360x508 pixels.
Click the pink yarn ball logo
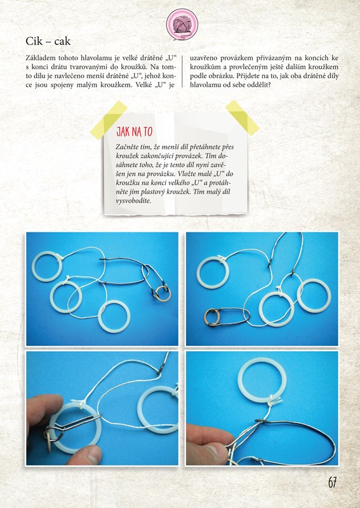point(182,25)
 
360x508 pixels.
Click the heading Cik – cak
point(48,41)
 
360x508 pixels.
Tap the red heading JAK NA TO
point(134,132)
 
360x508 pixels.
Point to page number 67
point(332,483)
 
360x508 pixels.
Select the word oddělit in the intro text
point(257,85)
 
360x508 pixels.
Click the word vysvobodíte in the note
point(133,201)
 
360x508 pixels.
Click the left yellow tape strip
point(108,120)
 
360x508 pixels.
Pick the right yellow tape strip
point(243,117)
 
